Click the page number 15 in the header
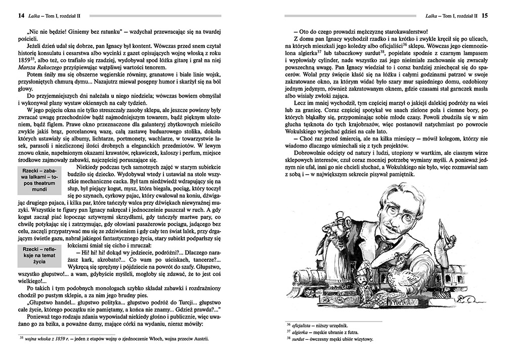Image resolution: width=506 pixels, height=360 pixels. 485,16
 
